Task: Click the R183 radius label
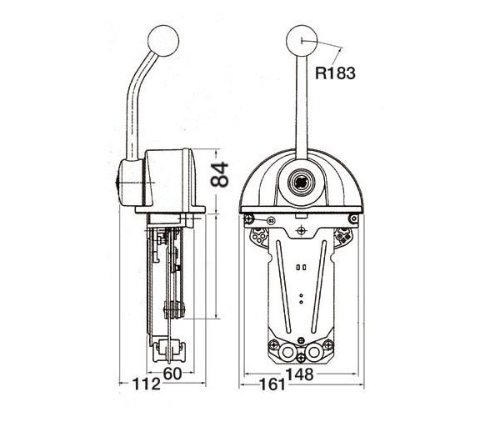(336, 73)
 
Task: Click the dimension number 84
(218, 175)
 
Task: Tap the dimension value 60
(172, 374)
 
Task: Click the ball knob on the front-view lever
(300, 38)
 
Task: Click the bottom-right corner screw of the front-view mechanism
(328, 344)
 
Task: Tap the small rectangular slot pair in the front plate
(300, 269)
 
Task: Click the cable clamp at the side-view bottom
(167, 349)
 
